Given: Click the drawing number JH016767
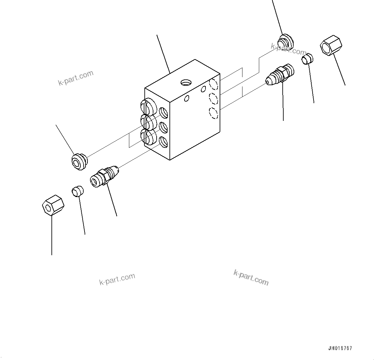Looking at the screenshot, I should (x=340, y=348).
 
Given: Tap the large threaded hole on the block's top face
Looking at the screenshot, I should (x=186, y=83).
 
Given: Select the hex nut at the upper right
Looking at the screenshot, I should (x=331, y=45).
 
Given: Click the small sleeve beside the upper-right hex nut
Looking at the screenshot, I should (x=308, y=59).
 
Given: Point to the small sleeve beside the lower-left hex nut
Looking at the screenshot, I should (x=77, y=191).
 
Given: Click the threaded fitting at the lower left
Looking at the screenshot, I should (x=105, y=175).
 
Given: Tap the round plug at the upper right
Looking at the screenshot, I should (x=286, y=41).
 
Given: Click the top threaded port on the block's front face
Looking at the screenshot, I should (x=164, y=113).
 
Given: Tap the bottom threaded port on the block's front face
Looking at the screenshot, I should (x=164, y=142).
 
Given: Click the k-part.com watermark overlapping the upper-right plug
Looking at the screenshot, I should (x=288, y=49).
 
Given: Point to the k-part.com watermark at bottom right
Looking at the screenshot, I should (x=251, y=277).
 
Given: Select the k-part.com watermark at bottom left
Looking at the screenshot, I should (x=117, y=279).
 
